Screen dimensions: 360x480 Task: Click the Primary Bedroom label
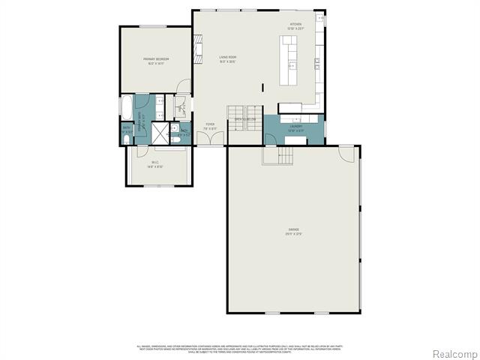[155, 61]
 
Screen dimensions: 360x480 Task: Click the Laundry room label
[296, 127]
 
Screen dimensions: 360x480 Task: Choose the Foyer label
[210, 127]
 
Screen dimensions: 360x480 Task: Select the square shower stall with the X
[160, 133]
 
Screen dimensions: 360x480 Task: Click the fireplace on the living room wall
[199, 52]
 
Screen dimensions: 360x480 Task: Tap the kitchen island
[289, 63]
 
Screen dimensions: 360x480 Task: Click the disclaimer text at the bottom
[240, 348]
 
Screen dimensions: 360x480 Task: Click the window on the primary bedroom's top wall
[152, 27]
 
